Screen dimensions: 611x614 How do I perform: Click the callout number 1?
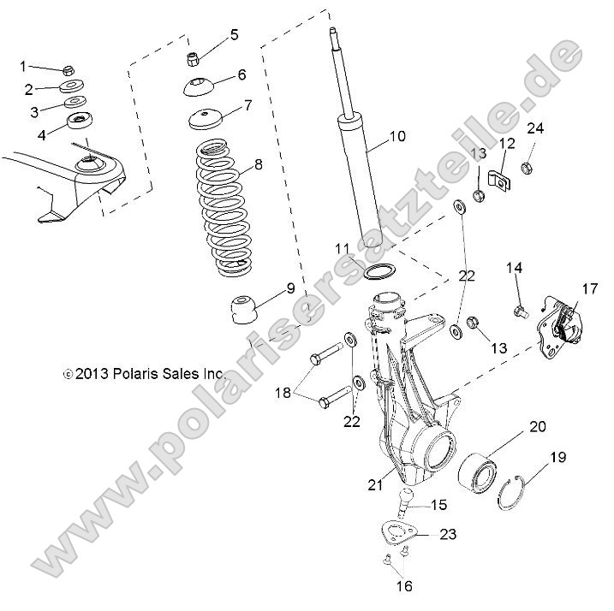point(24,66)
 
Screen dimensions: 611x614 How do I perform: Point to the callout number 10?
point(396,137)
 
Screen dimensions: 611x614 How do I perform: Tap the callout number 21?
point(373,485)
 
